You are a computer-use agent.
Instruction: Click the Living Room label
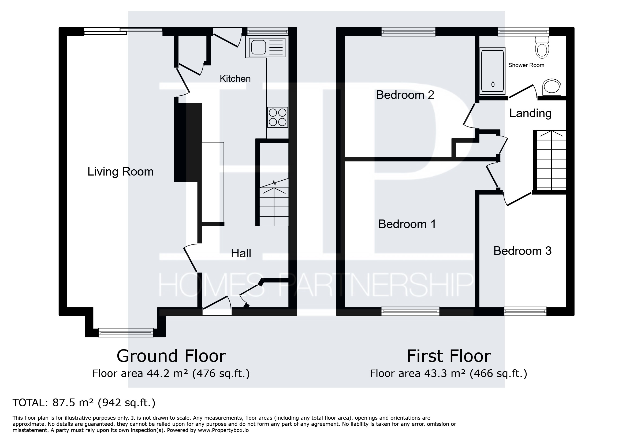[x=121, y=172]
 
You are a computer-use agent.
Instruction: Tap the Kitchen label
[x=235, y=79]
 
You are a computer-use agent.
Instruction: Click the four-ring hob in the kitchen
[x=278, y=117]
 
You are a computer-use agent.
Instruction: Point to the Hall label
[x=241, y=253]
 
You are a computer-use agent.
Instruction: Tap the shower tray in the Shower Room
[x=493, y=69]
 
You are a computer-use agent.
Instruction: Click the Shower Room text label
[x=526, y=65]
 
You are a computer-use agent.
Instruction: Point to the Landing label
[x=530, y=113]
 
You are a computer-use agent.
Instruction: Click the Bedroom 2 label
[x=405, y=95]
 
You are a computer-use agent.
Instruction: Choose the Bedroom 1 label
[x=407, y=224]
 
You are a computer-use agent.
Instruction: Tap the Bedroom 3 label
[x=522, y=251]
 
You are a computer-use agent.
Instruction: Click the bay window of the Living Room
[x=126, y=333]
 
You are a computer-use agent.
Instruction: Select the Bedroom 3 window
[x=525, y=311]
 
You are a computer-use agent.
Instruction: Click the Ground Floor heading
[x=171, y=356]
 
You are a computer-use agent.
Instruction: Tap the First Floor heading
[x=449, y=356]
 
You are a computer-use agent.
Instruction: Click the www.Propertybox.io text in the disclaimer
[x=223, y=430]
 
